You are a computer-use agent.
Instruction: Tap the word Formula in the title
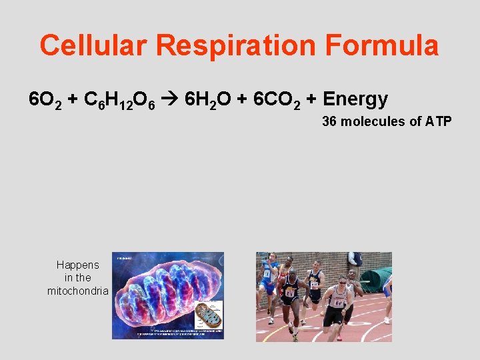coord(382,46)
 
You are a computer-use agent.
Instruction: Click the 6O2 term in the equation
coord(45,101)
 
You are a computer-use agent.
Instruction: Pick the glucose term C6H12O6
coord(125,101)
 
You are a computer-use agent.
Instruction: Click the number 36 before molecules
coord(329,121)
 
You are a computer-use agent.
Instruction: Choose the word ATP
coord(438,121)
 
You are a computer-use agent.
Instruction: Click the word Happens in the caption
coord(78,265)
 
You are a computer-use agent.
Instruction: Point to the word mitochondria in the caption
coord(78,291)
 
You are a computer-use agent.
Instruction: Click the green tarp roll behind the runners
coord(376,278)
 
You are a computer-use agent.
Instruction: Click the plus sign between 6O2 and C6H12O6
coord(71,100)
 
